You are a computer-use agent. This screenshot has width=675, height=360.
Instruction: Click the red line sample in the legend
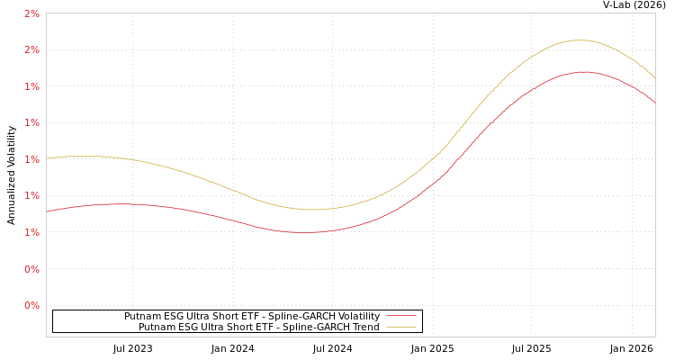click(x=400, y=317)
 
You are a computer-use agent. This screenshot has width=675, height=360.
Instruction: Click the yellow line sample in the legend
click(x=400, y=328)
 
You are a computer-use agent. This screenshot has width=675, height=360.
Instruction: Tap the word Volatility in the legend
click(x=358, y=317)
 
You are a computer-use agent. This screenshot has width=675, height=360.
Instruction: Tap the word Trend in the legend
click(x=364, y=328)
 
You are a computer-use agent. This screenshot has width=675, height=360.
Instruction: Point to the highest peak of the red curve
click(x=584, y=72)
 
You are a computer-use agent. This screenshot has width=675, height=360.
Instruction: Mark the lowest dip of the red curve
click(x=304, y=232)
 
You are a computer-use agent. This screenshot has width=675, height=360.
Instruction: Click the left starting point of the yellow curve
click(x=47, y=158)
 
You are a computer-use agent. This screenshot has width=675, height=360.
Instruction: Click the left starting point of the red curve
click(x=47, y=211)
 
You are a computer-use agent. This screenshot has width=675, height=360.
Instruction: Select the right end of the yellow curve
click(x=654, y=78)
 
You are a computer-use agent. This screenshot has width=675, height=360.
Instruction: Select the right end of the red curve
click(x=654, y=103)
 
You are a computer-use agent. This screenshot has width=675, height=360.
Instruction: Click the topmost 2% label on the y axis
click(x=31, y=13)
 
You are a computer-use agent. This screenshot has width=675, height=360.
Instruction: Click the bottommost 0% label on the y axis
click(x=31, y=305)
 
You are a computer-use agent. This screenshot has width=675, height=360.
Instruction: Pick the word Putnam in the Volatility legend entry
click(x=142, y=317)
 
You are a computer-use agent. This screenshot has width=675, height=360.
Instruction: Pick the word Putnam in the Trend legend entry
click(x=157, y=328)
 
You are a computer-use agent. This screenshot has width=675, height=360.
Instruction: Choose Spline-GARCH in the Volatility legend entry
click(x=301, y=317)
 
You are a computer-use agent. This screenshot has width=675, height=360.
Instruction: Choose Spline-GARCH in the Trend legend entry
click(x=315, y=328)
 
